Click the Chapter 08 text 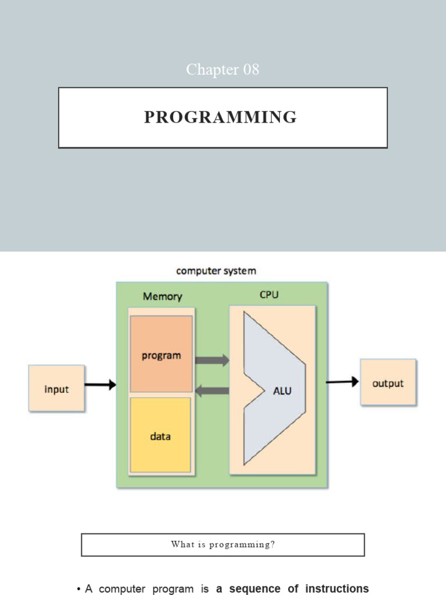point(222,70)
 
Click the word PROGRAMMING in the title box point(220,117)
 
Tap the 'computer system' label point(215,271)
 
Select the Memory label point(163,296)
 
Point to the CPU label point(269,295)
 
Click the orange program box point(161,354)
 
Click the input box point(57,389)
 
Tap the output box point(388,383)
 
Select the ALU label point(282,391)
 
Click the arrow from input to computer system point(100,385)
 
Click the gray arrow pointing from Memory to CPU point(212,360)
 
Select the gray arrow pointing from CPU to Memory point(212,391)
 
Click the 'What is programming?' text point(222,544)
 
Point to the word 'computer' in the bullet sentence point(123,589)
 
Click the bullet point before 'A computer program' point(78,589)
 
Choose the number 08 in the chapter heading point(251,70)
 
